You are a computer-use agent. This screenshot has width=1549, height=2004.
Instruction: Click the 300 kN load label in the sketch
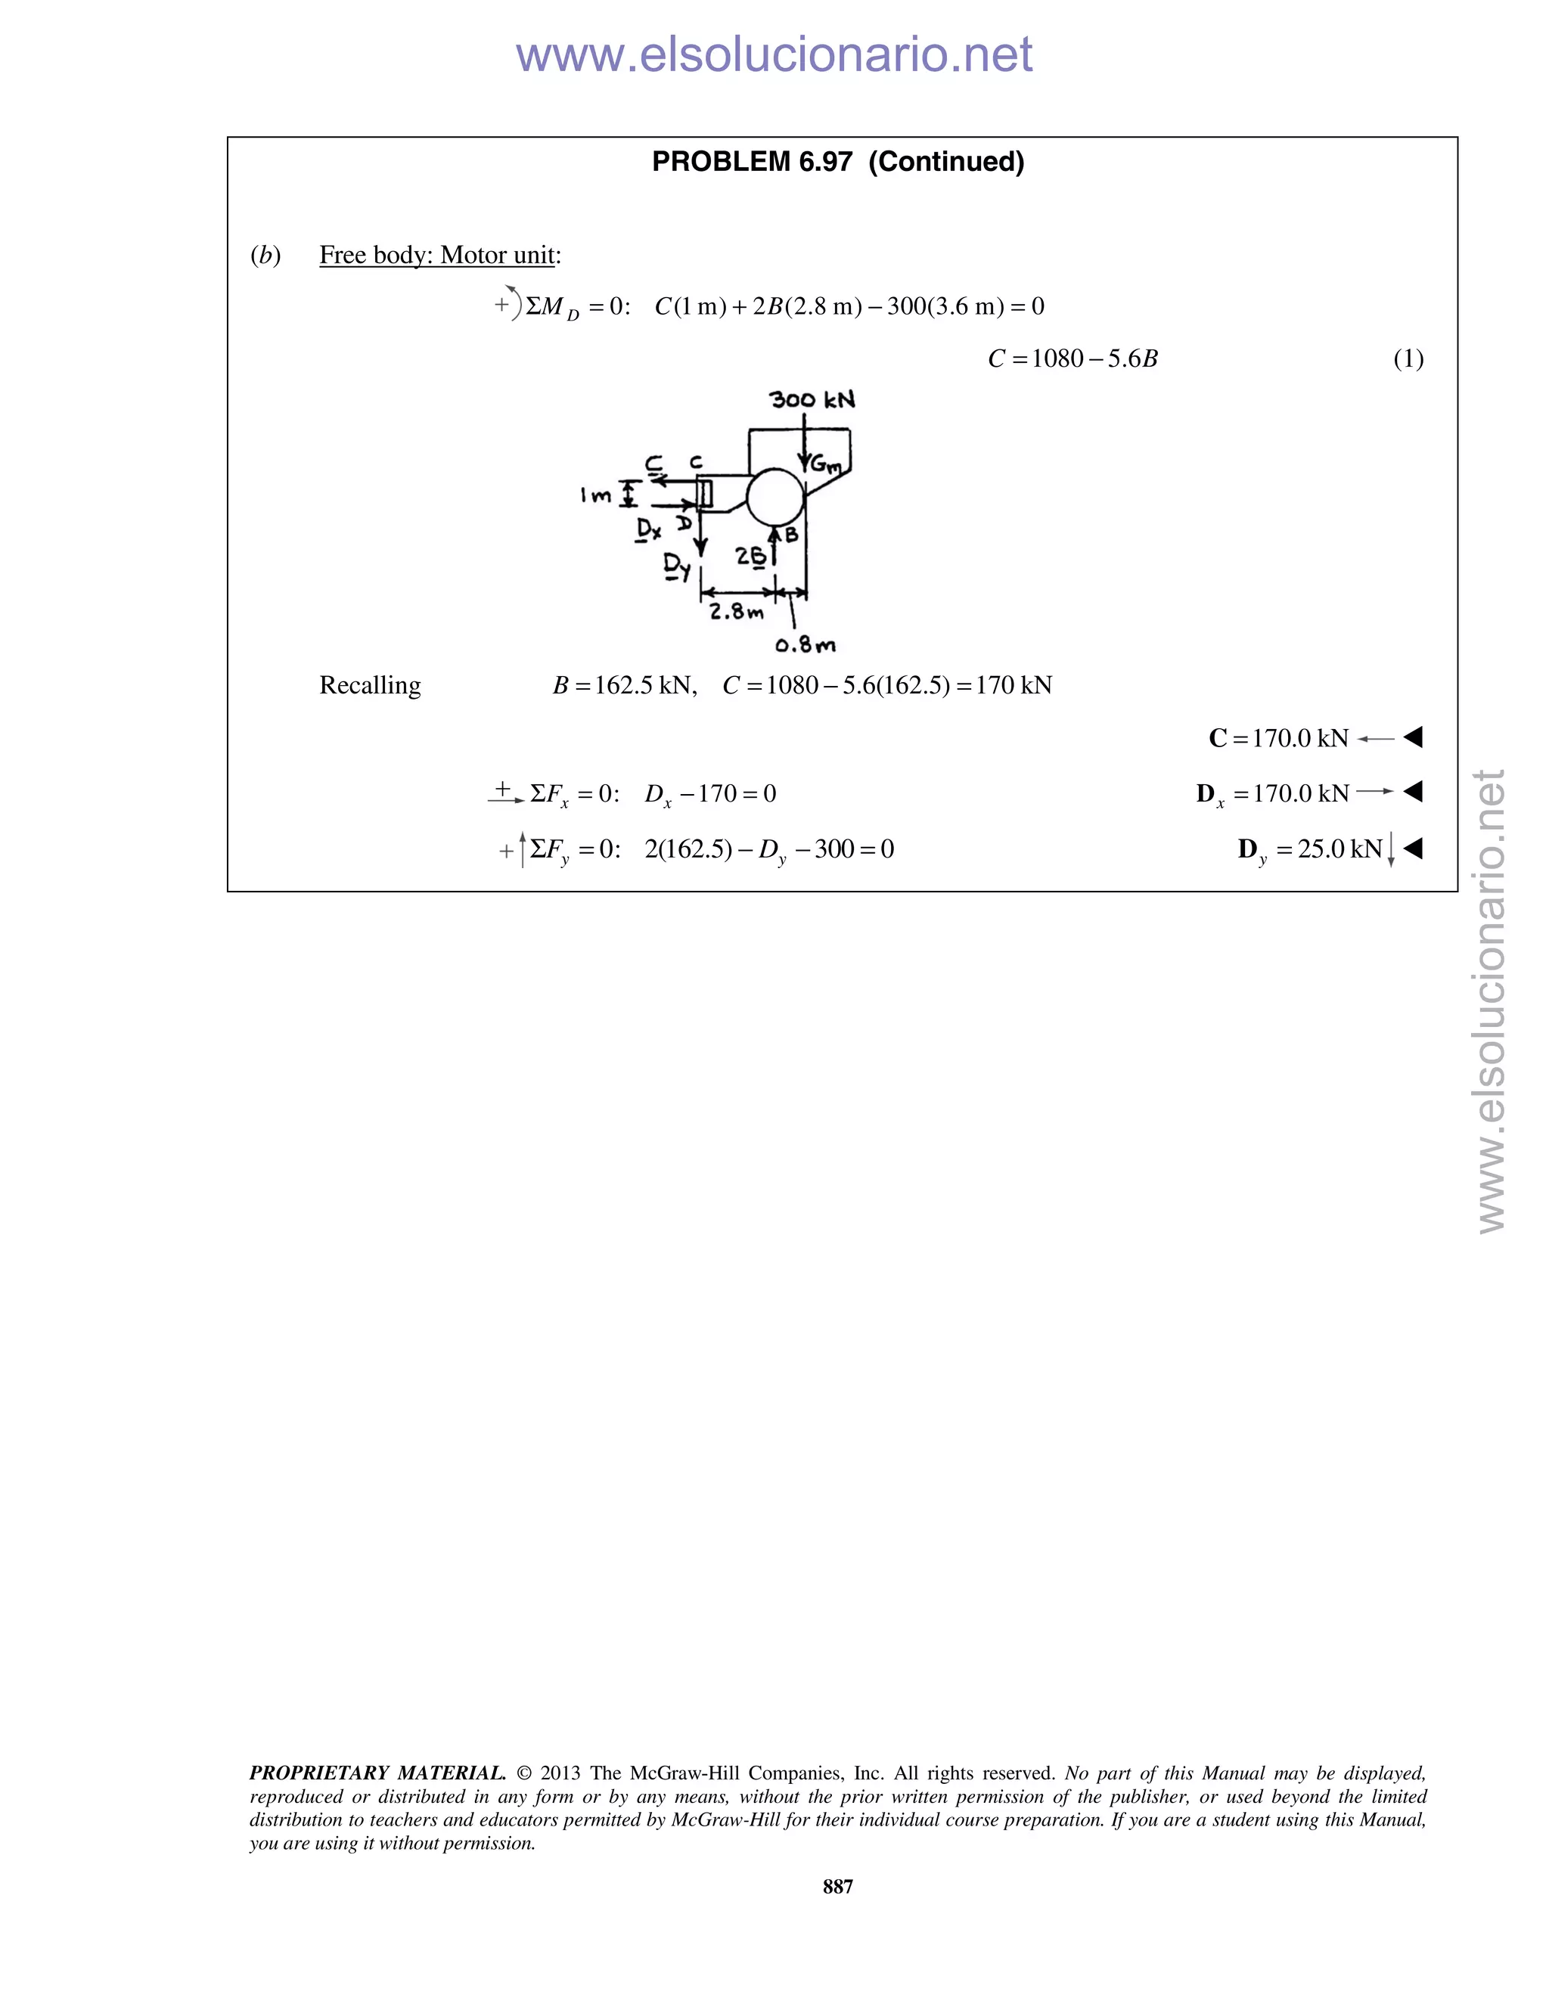tap(812, 400)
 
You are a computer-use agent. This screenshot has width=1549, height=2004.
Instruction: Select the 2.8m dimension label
tap(736, 611)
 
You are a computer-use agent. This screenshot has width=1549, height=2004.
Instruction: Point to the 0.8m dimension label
tap(805, 645)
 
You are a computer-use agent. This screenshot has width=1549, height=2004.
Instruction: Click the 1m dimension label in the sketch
tap(595, 495)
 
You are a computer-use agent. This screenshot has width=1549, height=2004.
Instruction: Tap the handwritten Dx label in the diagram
tap(650, 530)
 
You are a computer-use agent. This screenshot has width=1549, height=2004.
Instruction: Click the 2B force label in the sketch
tap(750, 557)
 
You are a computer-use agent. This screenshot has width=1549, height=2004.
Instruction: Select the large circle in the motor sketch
tap(775, 496)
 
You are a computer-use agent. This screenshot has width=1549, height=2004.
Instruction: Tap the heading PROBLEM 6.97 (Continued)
tap(838, 162)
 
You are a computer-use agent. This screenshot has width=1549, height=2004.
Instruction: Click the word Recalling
tap(370, 685)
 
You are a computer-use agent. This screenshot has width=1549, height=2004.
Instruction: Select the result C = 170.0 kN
tap(1279, 738)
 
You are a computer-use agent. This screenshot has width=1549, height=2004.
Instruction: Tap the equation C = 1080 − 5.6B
tap(1073, 358)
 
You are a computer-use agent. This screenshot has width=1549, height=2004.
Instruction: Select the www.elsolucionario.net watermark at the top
tap(774, 55)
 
